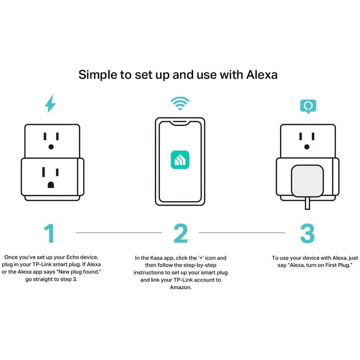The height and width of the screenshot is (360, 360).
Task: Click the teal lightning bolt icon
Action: (50, 104)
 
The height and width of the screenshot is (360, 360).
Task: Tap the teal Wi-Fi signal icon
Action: (180, 103)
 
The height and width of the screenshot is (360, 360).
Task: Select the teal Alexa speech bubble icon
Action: (308, 106)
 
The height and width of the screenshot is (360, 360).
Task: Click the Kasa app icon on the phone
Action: (180, 159)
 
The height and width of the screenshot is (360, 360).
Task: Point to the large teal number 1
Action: (49, 233)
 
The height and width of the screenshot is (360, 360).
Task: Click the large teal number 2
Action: (180, 233)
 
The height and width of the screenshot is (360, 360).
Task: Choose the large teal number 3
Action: (307, 233)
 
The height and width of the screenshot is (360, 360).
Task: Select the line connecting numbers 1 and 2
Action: (119, 232)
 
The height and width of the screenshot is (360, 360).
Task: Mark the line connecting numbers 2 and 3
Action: (242, 232)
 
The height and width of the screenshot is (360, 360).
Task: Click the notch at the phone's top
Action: (180, 122)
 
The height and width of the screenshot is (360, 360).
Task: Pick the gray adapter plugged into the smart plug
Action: (307, 181)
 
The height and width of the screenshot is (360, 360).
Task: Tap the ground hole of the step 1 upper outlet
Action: (51, 147)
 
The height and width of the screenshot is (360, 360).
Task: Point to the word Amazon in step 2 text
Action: (180, 287)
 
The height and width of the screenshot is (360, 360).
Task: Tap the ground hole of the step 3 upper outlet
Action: (307, 147)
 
